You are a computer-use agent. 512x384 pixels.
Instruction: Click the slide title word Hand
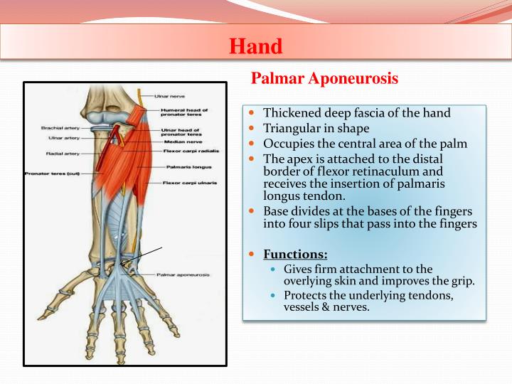point(255,46)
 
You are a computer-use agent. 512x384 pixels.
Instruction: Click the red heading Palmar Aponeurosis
point(324,79)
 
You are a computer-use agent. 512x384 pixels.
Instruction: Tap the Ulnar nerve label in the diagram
point(169,96)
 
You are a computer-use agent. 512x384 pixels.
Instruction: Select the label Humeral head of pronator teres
point(184,112)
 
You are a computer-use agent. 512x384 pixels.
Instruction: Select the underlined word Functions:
point(295,254)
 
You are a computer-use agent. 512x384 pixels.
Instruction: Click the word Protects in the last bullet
point(306,295)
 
